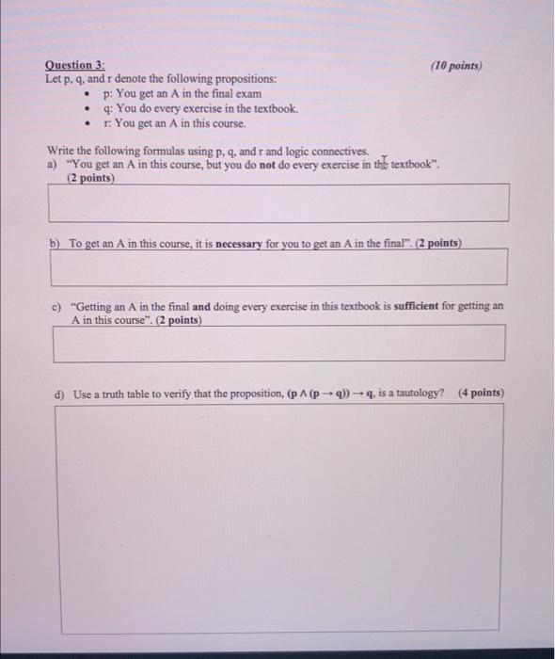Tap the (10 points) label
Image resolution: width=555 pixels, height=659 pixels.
[x=455, y=67]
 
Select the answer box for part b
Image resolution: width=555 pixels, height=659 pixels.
[x=278, y=267]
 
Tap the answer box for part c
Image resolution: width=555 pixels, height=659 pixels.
[x=278, y=343]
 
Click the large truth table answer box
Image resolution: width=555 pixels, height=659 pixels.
[x=278, y=518]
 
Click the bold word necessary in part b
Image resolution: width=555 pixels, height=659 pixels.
[x=244, y=243]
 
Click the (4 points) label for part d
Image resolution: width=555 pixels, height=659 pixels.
[x=481, y=393]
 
